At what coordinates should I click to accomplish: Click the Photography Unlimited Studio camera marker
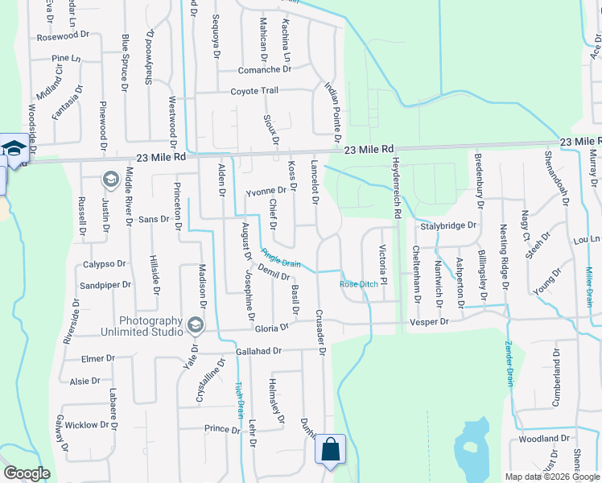coord(194,325)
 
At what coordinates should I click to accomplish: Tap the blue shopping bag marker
coord(331,450)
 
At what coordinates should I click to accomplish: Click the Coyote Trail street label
coord(254,91)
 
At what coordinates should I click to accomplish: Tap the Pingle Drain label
coord(280,262)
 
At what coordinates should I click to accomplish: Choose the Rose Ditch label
coord(359,284)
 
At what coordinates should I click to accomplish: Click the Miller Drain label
coord(589,287)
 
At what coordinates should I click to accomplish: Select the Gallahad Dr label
coord(258,351)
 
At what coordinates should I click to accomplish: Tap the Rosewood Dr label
coord(62,37)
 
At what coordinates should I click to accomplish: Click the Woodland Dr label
coord(544,439)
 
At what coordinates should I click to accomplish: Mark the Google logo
coord(27,473)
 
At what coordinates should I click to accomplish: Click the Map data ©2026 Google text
coord(551,477)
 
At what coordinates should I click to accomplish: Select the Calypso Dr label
coord(105,263)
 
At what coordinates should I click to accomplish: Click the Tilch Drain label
coord(239,399)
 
